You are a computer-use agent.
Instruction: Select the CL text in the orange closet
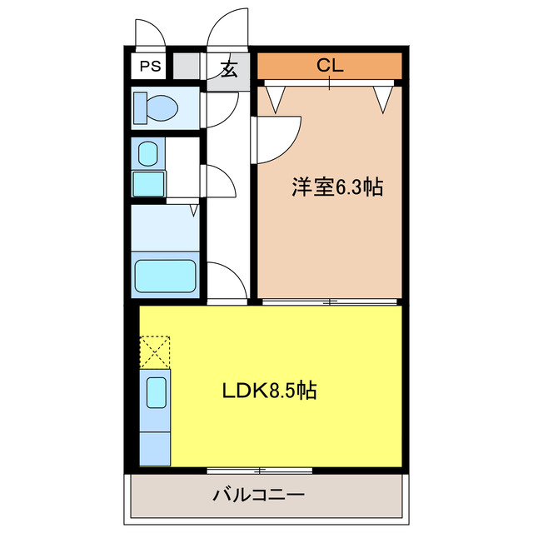[x=330, y=65]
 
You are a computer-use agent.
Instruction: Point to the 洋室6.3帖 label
[x=336, y=187]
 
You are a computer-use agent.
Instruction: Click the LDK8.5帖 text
[x=268, y=390]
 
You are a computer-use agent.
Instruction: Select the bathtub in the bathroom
[x=165, y=276]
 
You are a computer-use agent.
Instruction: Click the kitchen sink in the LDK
[x=155, y=392]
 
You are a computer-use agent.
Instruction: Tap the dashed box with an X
[x=154, y=351]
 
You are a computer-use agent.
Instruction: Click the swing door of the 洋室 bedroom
[x=277, y=137]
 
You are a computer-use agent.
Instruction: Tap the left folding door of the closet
[x=276, y=96]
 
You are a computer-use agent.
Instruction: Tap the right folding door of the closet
[x=382, y=96]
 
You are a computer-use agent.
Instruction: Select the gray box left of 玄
[x=186, y=66]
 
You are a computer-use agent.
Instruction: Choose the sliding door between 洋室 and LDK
[x=330, y=301]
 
